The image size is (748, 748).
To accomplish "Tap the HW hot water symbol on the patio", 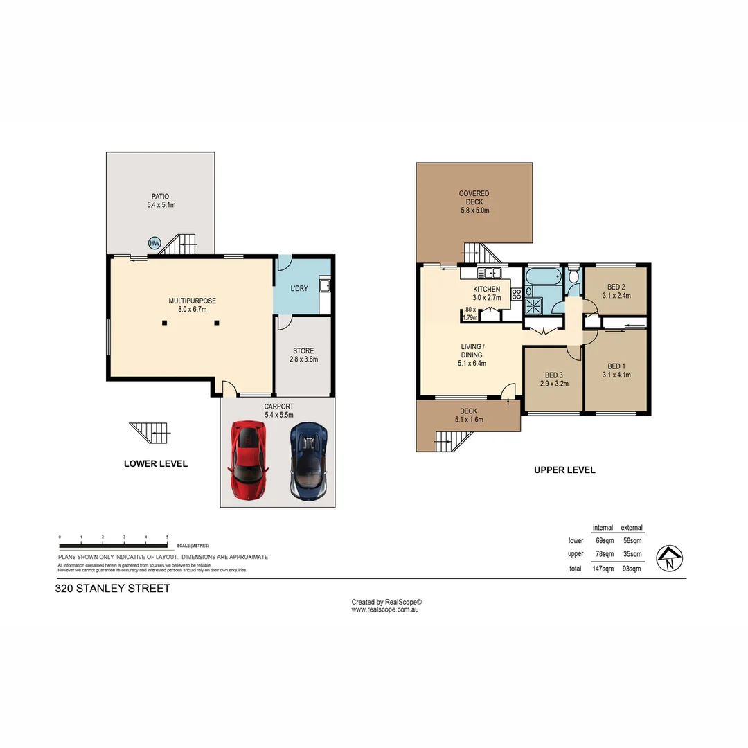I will coord(154,243).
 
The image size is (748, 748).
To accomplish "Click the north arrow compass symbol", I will coord(670,557).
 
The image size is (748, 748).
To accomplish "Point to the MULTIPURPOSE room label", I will coord(192,301).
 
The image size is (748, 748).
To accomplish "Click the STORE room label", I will coord(303,351).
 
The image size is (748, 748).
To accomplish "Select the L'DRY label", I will coord(299,288).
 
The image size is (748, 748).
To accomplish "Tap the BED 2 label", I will coord(616,287).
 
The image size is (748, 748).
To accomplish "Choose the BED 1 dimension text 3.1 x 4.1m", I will coord(616,375).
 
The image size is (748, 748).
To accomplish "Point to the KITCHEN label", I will coord(486,289).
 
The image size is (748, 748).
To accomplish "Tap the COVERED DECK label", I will coord(474,194).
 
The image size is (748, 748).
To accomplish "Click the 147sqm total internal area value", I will coord(603,569).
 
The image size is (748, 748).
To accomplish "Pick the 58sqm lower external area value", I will coord(631,540).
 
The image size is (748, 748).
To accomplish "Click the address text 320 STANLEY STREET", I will coord(113,589).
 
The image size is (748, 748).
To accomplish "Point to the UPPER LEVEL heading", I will coord(564,470).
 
